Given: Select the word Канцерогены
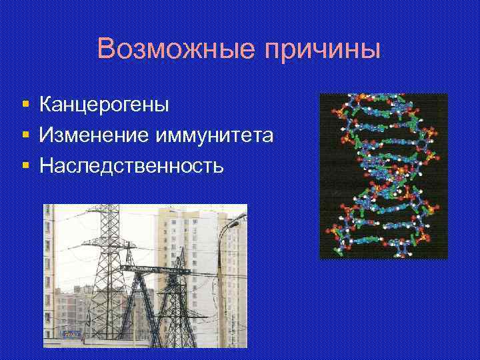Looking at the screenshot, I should [x=104, y=105].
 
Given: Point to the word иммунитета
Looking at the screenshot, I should [x=214, y=135].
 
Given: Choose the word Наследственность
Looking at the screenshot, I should [x=131, y=165].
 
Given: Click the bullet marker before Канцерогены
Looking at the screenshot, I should [x=25, y=105].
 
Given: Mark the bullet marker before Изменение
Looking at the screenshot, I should [x=25, y=135].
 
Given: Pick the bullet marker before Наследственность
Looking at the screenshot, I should [x=25, y=165].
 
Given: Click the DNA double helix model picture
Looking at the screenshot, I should [x=383, y=175].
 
